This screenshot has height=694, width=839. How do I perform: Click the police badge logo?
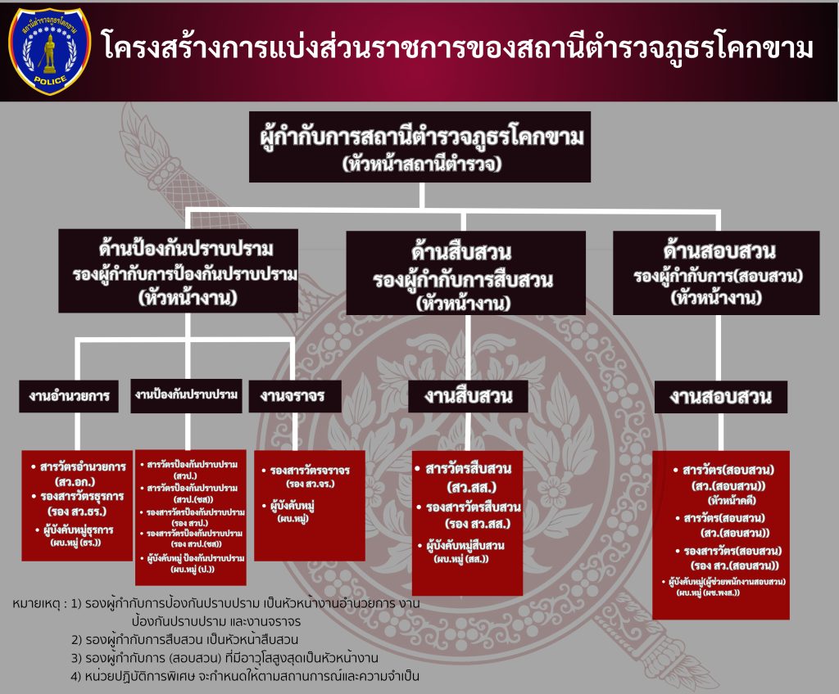tap(49, 51)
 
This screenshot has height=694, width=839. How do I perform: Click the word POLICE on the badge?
tap(49, 82)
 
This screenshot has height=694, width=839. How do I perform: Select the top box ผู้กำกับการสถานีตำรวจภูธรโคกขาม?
tap(419, 146)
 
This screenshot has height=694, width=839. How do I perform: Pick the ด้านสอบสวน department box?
tap(715, 273)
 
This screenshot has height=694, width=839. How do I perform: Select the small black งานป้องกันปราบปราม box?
tap(186, 395)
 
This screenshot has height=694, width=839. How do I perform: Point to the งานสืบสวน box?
tap(468, 397)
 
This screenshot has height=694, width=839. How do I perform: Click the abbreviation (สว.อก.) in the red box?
tap(77, 481)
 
